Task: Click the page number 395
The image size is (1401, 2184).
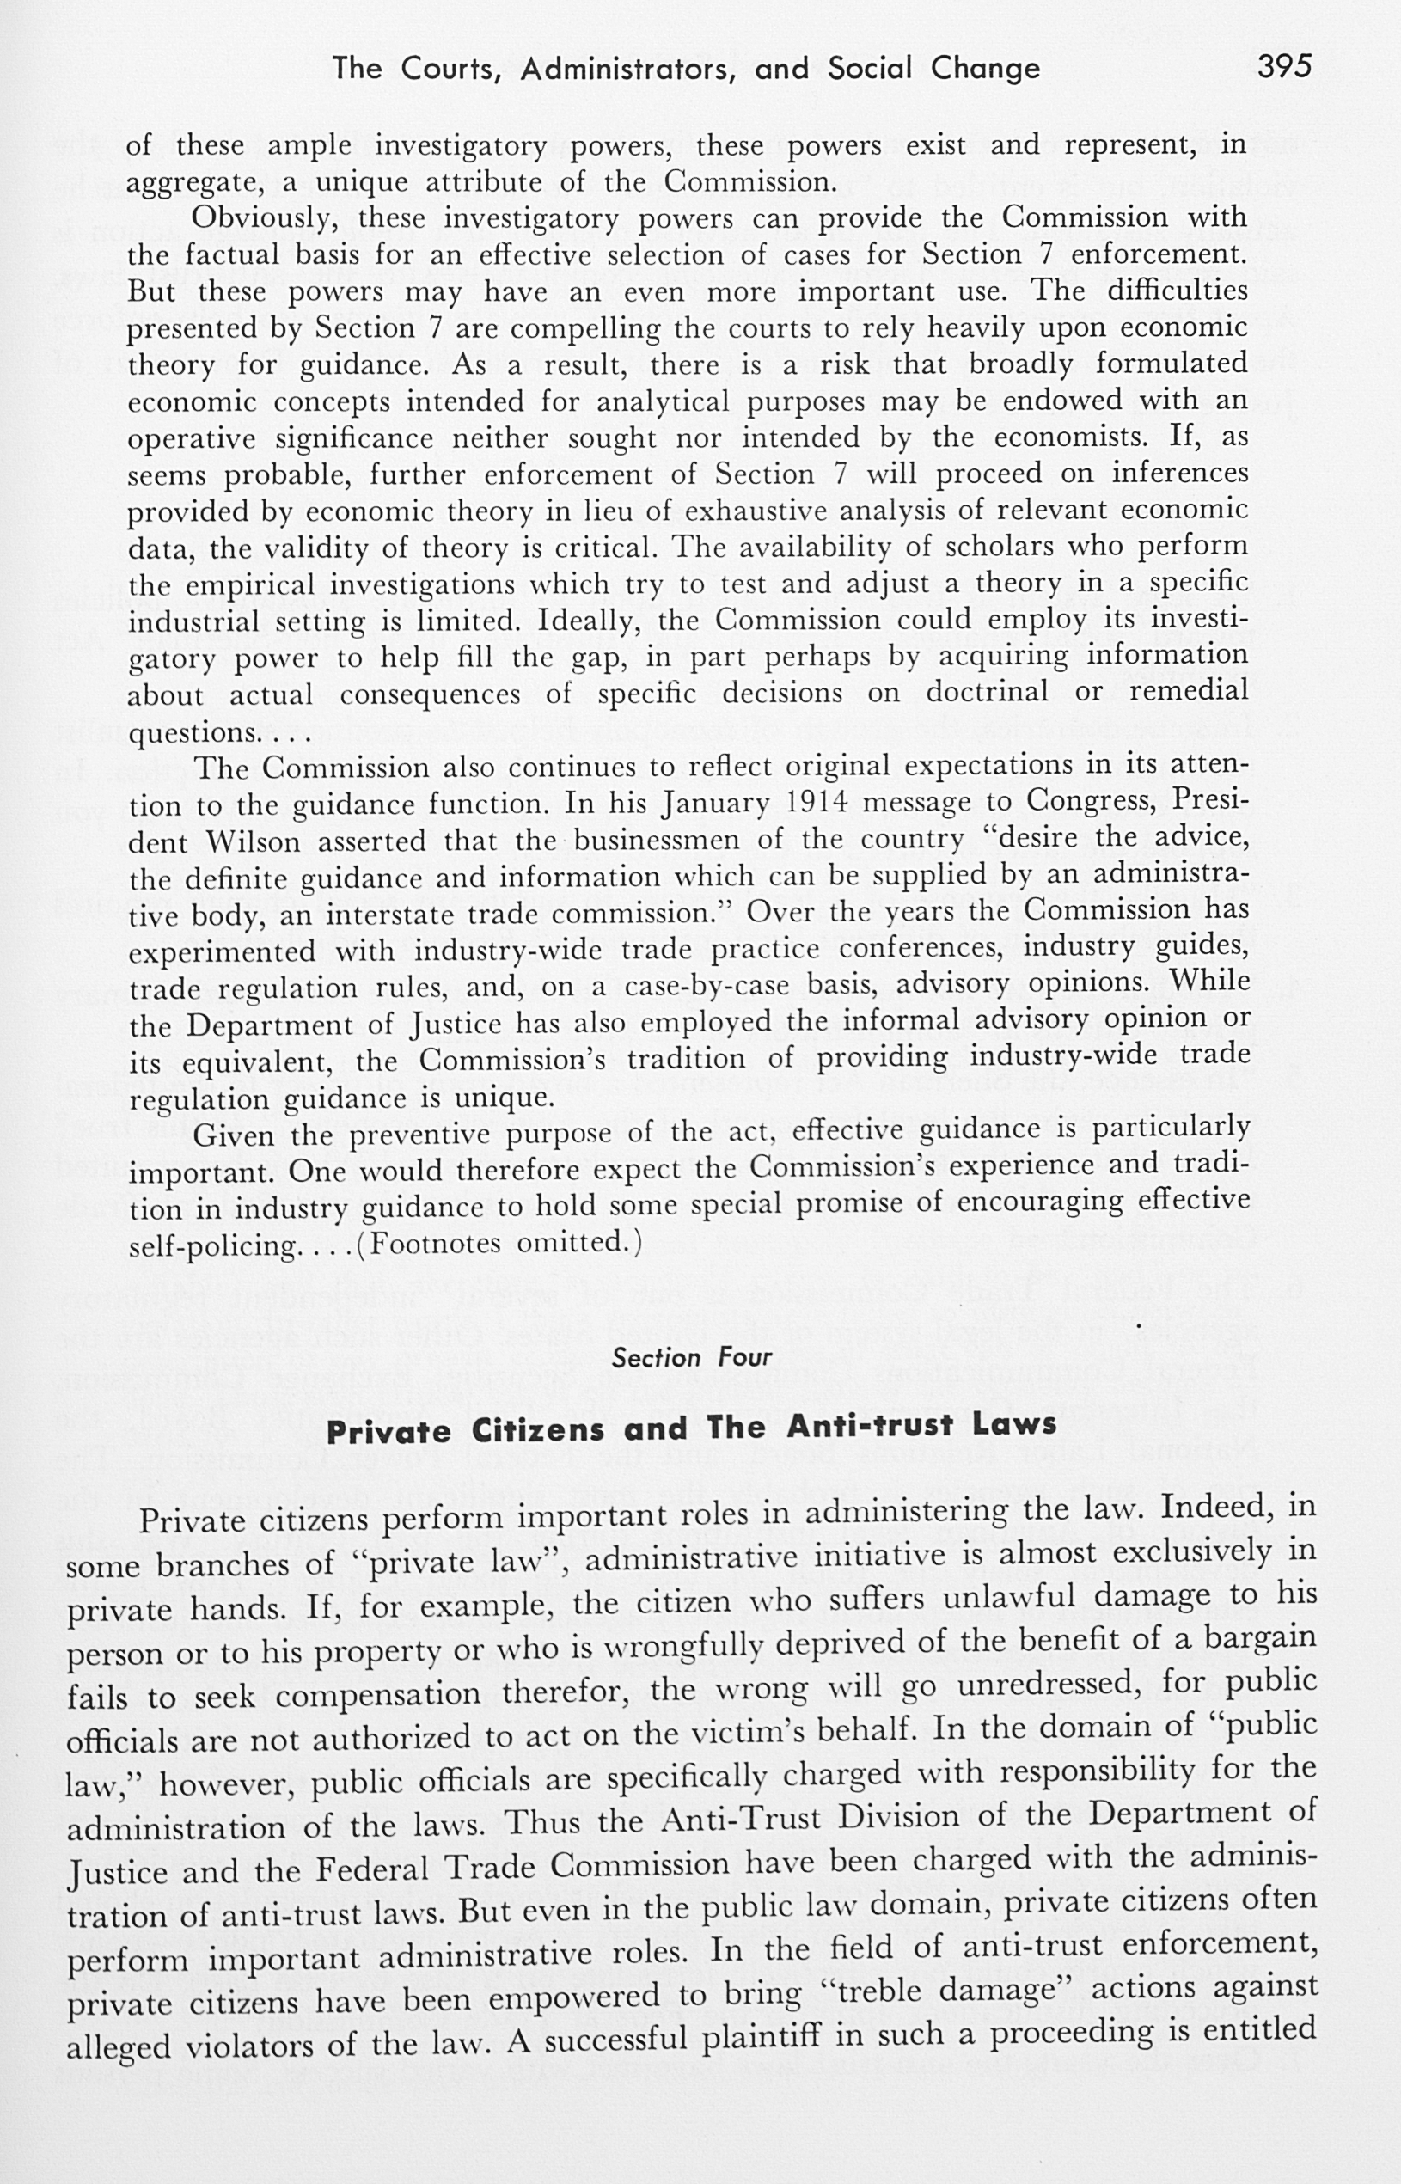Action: click(x=1285, y=66)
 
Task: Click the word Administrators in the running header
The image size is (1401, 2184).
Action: click(x=628, y=69)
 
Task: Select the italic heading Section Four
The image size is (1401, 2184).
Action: click(x=691, y=1358)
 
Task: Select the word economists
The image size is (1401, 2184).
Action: click(x=1074, y=437)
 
